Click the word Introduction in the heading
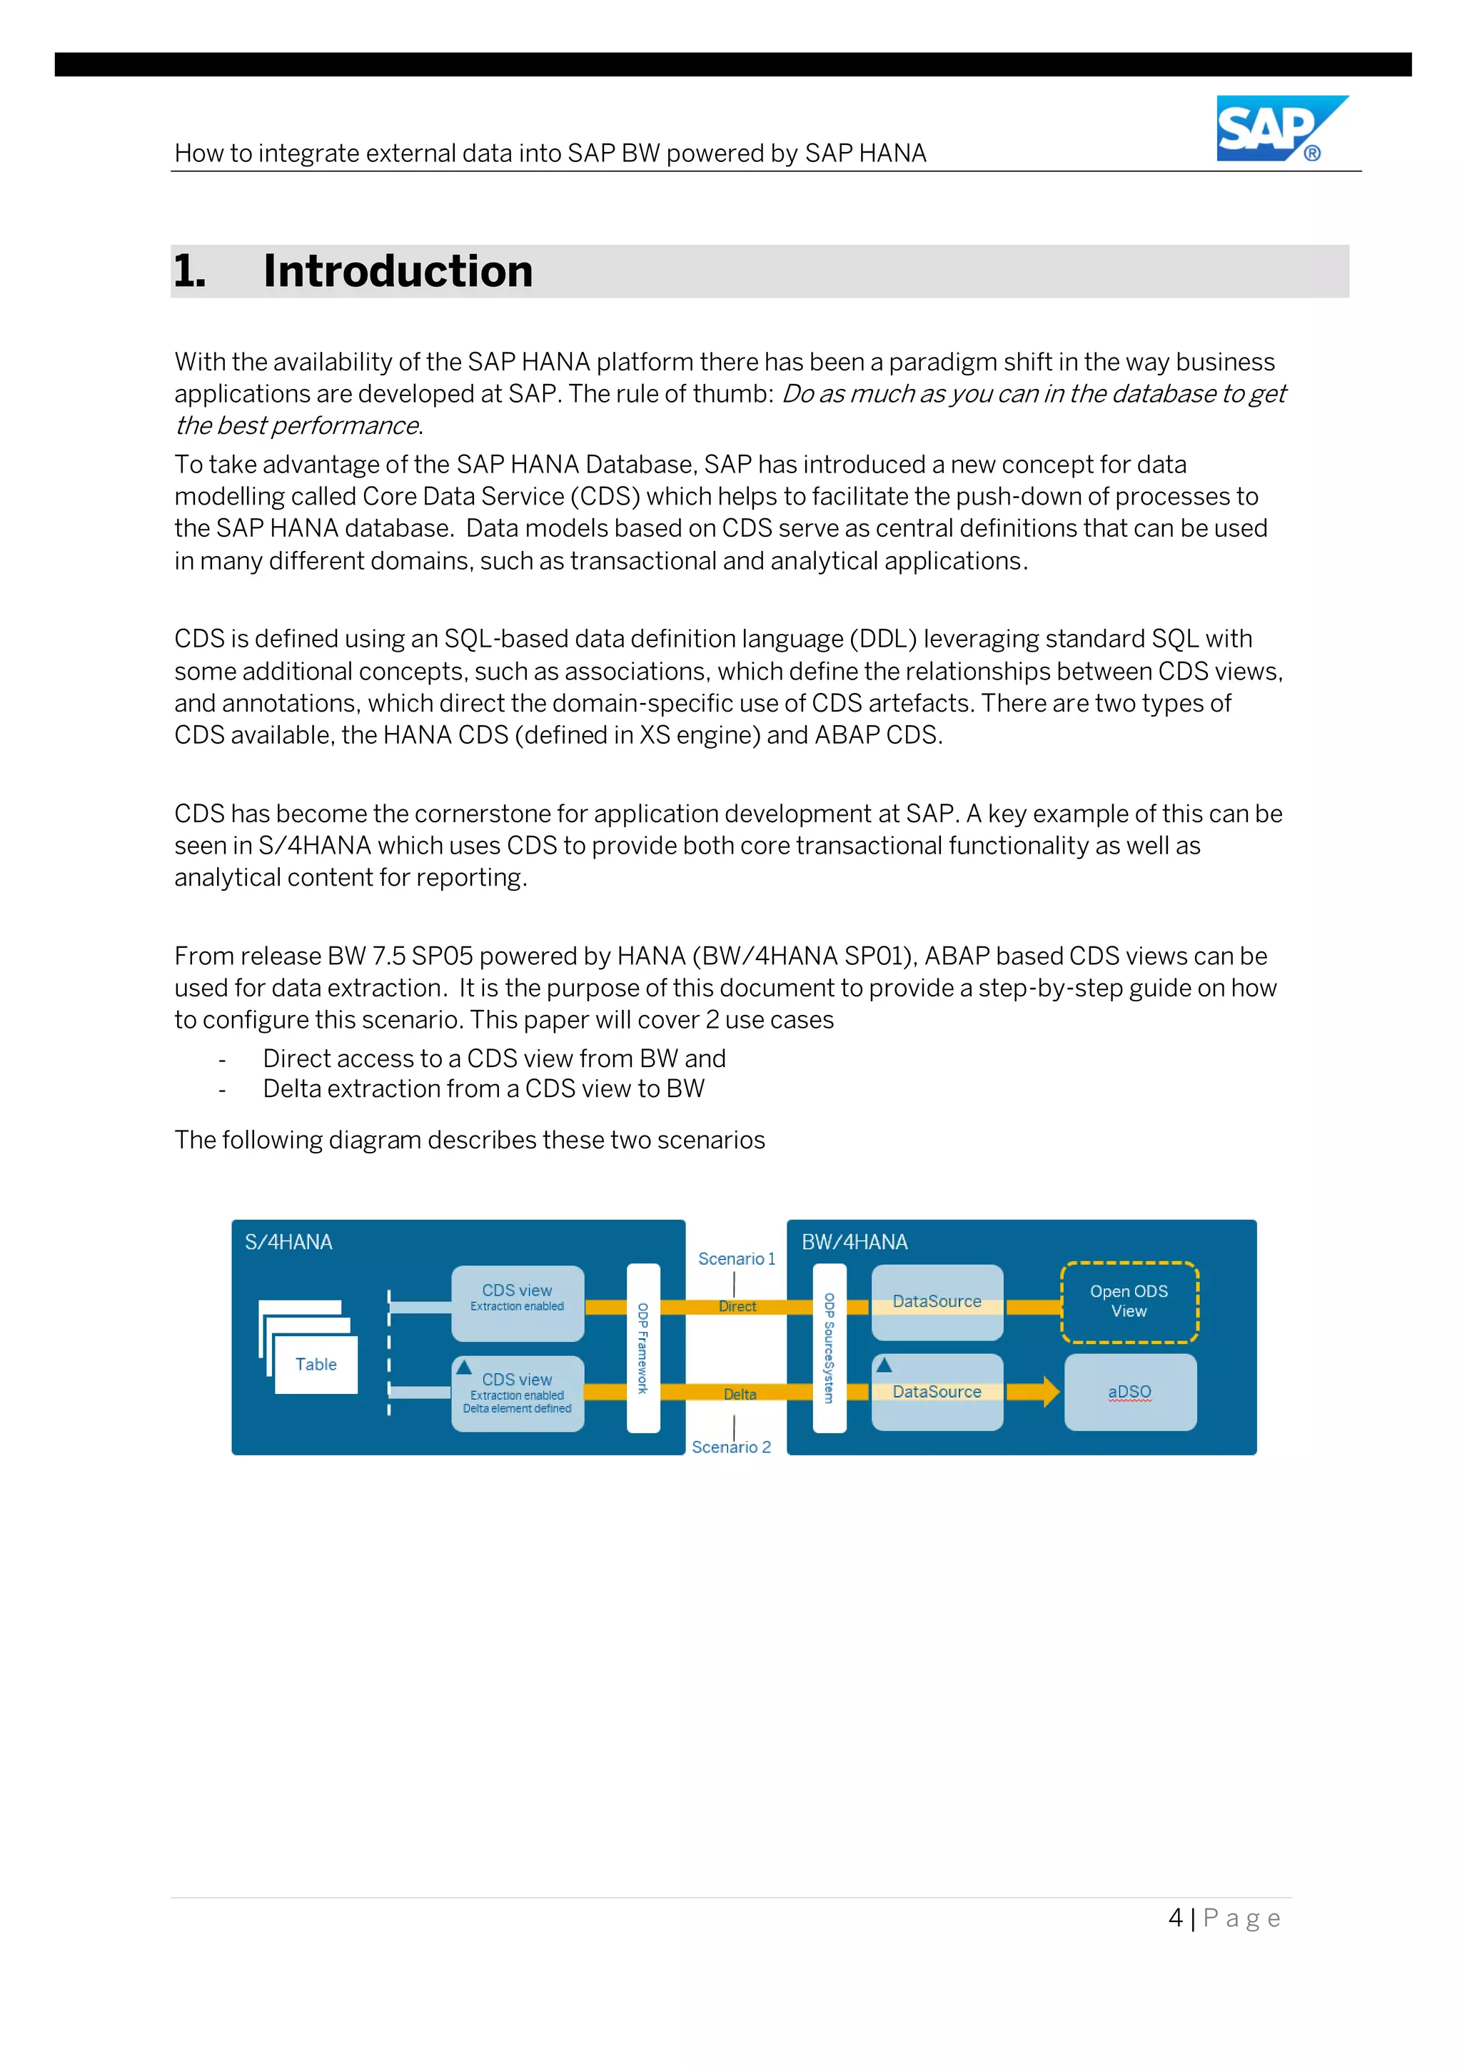pyautogui.click(x=397, y=271)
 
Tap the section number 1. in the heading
pyautogui.click(x=190, y=271)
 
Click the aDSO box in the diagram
pyautogui.click(x=1130, y=1392)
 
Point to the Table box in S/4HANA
pyautogui.click(x=316, y=1364)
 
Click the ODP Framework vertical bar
pyautogui.click(x=642, y=1347)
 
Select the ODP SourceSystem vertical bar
pyautogui.click(x=829, y=1347)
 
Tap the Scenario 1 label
pyautogui.click(x=735, y=1258)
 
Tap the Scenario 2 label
pyautogui.click(x=731, y=1447)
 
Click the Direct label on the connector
pyautogui.click(x=737, y=1306)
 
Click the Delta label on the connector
pyautogui.click(x=740, y=1394)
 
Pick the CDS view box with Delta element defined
pyautogui.click(x=518, y=1393)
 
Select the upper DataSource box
pyautogui.click(x=937, y=1302)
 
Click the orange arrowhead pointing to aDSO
pyautogui.click(x=1049, y=1392)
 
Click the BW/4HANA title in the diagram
pyautogui.click(x=854, y=1243)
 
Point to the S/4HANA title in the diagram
pyautogui.click(x=288, y=1243)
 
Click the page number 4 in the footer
pyautogui.click(x=1175, y=1918)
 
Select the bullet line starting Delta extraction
pyautogui.click(x=483, y=1088)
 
